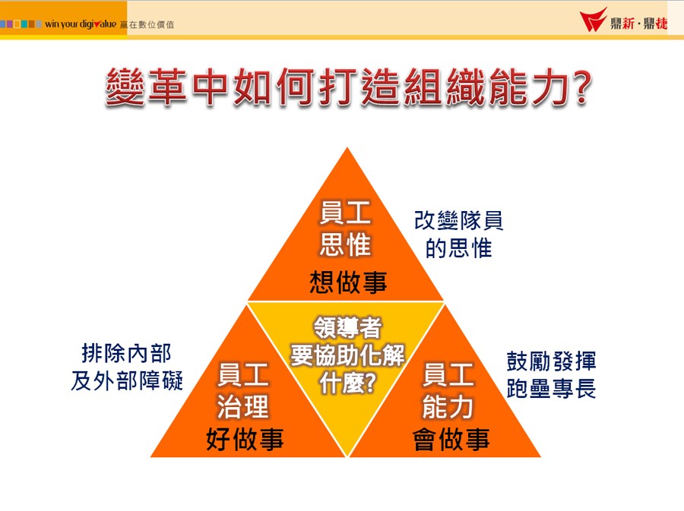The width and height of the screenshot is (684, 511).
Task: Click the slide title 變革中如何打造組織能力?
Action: (348, 87)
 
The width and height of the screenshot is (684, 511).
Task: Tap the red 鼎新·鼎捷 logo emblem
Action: (593, 20)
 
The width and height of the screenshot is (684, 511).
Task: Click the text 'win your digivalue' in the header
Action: (81, 24)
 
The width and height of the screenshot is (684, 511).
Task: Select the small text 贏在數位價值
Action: (147, 25)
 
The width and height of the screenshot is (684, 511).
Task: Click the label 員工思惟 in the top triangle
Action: (345, 229)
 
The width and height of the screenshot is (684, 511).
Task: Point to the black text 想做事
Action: (348, 282)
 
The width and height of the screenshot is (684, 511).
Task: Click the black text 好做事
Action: (245, 439)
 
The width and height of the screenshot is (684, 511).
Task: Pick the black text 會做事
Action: (451, 439)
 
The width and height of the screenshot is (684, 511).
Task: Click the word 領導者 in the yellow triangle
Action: (347, 327)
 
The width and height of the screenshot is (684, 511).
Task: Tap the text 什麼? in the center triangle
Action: (347, 383)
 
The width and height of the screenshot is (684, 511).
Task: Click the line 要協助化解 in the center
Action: (347, 355)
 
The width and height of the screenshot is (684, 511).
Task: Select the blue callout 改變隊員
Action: (458, 220)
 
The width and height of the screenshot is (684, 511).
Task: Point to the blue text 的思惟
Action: (458, 248)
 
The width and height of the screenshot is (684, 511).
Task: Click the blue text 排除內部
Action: (126, 353)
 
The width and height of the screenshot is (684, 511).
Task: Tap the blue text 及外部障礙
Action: (126, 380)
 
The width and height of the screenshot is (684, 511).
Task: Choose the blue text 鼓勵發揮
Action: (551, 361)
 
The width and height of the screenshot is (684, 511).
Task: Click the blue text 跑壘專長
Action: (551, 388)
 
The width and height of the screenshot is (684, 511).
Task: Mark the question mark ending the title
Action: (582, 87)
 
